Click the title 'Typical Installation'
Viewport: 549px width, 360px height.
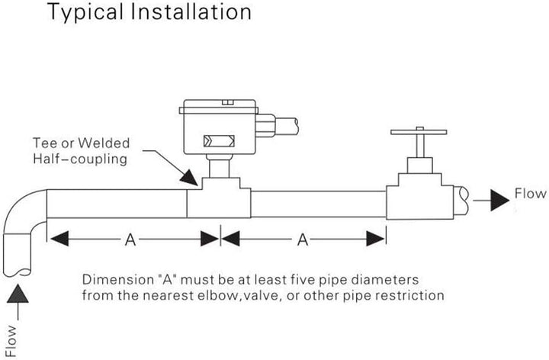point(149,12)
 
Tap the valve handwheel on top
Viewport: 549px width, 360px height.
point(419,132)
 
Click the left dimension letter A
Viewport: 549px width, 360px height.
point(130,239)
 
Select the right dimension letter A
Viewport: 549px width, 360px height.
point(303,239)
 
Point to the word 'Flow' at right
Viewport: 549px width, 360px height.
point(530,193)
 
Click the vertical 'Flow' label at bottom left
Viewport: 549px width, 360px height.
point(11,342)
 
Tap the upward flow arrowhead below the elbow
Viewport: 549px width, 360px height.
point(18,294)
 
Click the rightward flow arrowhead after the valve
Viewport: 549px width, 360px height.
point(499,201)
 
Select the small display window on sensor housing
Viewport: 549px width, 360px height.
point(219,141)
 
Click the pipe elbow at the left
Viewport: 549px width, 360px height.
point(21,210)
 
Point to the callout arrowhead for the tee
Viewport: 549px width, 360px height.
point(189,178)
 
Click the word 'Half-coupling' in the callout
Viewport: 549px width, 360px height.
point(80,159)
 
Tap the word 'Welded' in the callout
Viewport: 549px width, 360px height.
point(104,143)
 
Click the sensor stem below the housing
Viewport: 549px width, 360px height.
point(219,166)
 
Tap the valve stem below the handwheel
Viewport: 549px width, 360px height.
point(420,146)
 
